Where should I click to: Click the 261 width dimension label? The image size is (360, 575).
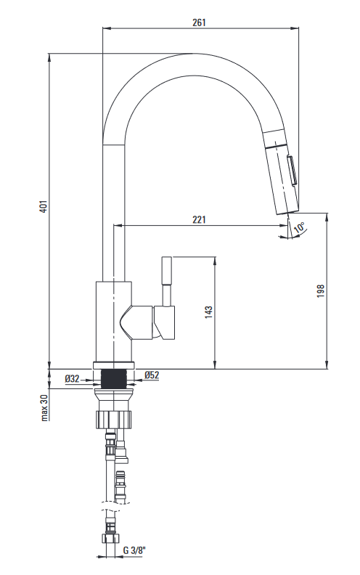[x=199, y=23]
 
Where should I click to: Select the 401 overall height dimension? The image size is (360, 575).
[x=44, y=206]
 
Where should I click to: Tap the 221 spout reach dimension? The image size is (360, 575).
[x=199, y=219]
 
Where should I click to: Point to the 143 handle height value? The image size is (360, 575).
[x=208, y=312]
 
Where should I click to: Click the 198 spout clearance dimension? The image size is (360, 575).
[x=321, y=291]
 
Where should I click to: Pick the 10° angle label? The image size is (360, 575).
[x=299, y=227]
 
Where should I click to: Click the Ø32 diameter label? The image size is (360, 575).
[x=73, y=378]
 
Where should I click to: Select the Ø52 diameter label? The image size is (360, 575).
[x=152, y=375]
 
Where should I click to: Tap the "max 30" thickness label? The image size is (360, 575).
[x=45, y=407]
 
